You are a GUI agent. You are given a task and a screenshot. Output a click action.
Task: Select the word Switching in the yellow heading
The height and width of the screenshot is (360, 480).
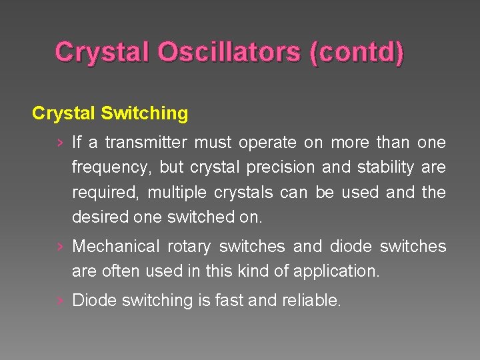(x=145, y=113)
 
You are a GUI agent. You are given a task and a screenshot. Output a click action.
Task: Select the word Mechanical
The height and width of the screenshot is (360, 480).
(x=116, y=247)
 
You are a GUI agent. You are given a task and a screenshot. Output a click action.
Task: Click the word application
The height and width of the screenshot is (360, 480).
(x=338, y=271)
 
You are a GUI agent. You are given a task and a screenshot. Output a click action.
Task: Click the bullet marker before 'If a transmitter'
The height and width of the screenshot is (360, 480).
(x=61, y=143)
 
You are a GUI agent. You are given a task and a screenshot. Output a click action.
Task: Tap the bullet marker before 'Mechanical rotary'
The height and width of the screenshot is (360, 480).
(x=61, y=247)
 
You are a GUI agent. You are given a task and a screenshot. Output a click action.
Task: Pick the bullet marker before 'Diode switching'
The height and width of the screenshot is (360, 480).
(x=61, y=301)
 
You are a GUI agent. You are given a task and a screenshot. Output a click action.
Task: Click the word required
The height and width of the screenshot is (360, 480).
(x=105, y=193)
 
